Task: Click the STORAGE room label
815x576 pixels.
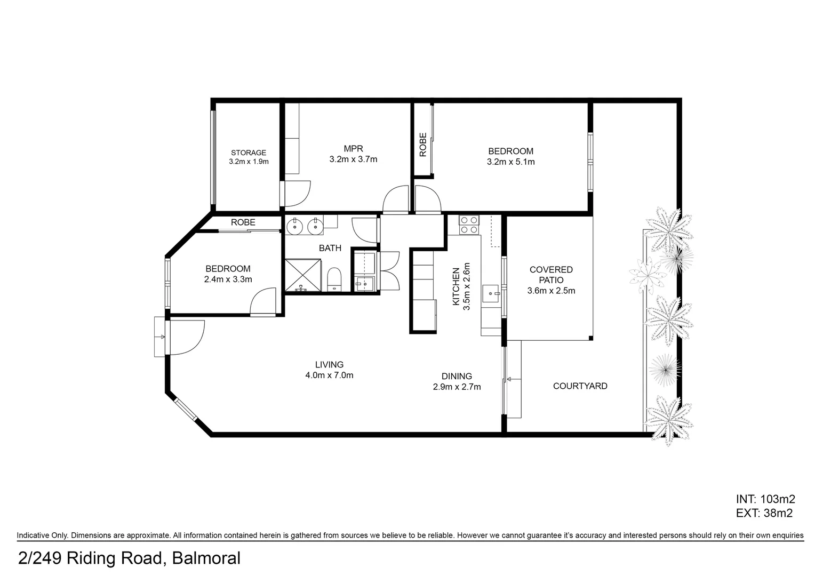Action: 249,153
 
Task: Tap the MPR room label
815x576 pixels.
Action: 353,148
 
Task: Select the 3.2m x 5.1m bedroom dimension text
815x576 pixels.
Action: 511,162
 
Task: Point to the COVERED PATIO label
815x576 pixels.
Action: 551,275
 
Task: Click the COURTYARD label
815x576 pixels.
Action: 580,386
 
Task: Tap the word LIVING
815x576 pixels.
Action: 329,364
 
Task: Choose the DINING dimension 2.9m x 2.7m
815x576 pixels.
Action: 457,387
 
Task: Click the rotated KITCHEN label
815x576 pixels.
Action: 456,287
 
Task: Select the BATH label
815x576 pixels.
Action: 330,248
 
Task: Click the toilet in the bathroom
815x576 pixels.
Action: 334,280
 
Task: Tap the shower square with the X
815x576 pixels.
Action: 303,275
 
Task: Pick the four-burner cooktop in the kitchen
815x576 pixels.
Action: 469,225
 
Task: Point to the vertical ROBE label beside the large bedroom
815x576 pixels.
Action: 423,145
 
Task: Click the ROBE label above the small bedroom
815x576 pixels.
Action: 243,222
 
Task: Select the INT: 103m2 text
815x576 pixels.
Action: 765,499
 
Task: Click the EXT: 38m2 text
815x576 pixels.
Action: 764,513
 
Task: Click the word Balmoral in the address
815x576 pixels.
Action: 206,558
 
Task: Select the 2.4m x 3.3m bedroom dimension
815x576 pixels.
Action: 228,279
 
